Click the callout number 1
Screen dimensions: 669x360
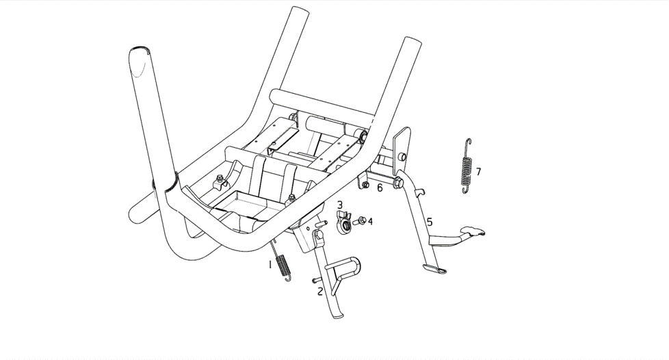[x=270, y=265]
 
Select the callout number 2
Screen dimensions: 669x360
[x=320, y=292]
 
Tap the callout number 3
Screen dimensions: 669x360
[x=339, y=205]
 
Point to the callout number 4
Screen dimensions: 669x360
[x=370, y=221]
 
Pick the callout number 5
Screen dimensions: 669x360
[x=430, y=222]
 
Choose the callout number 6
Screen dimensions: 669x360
[x=380, y=188]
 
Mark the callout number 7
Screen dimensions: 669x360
[x=478, y=172]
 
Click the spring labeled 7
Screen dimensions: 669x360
[x=467, y=166]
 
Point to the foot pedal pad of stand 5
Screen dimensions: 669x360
[x=473, y=231]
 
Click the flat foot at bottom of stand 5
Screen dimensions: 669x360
[x=434, y=268]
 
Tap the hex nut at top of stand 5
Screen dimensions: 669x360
[x=398, y=182]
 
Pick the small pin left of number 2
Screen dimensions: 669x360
[x=317, y=280]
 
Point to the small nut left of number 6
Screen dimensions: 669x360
[x=366, y=185]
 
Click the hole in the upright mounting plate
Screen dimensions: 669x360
[x=401, y=157]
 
